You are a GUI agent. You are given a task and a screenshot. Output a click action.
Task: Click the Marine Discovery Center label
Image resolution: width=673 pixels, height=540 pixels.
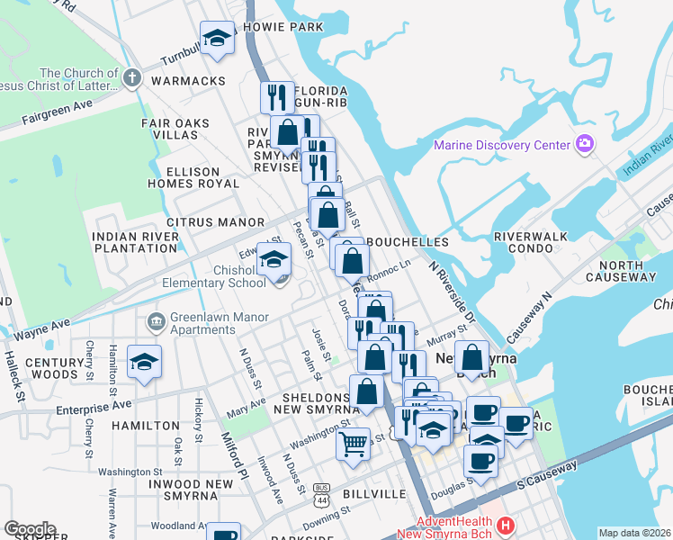click(x=502, y=145)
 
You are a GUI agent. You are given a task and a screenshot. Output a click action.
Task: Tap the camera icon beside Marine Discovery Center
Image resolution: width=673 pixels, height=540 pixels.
click(x=585, y=144)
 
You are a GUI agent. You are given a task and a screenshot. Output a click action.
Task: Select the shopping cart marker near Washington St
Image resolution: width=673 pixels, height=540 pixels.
click(x=353, y=442)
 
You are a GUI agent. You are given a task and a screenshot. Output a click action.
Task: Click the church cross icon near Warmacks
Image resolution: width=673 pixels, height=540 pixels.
click(x=131, y=77)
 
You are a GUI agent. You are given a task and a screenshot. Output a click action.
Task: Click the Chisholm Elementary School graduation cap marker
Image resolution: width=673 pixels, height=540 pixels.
click(x=273, y=260)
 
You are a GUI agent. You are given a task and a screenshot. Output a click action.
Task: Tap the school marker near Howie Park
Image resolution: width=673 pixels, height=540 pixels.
click(x=216, y=38)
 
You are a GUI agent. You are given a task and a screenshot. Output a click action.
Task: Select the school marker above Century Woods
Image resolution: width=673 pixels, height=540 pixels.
click(x=144, y=362)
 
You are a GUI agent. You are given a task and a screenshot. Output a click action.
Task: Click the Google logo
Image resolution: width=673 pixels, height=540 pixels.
click(x=30, y=529)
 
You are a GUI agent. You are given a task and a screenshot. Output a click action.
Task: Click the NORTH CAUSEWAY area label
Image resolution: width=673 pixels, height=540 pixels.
click(x=627, y=271)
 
